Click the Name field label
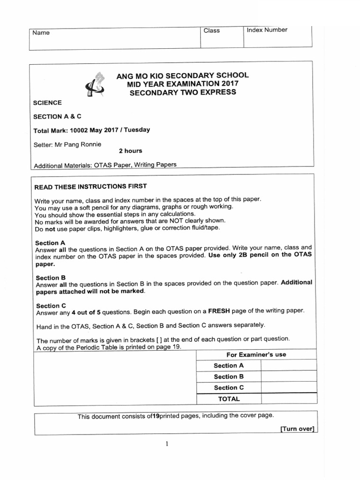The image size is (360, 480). click(41, 33)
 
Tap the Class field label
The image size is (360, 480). click(211, 30)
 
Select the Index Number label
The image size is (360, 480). click(267, 30)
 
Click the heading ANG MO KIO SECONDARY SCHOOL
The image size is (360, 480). click(182, 75)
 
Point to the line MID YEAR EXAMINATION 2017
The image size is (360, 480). click(183, 83)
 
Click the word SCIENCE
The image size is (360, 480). click(47, 103)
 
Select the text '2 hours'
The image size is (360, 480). click(131, 151)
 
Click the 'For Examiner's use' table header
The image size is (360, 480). click(256, 354)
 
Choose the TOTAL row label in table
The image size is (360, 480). click(229, 399)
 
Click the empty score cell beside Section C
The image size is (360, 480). click(286, 388)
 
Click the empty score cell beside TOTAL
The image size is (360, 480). click(286, 399)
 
